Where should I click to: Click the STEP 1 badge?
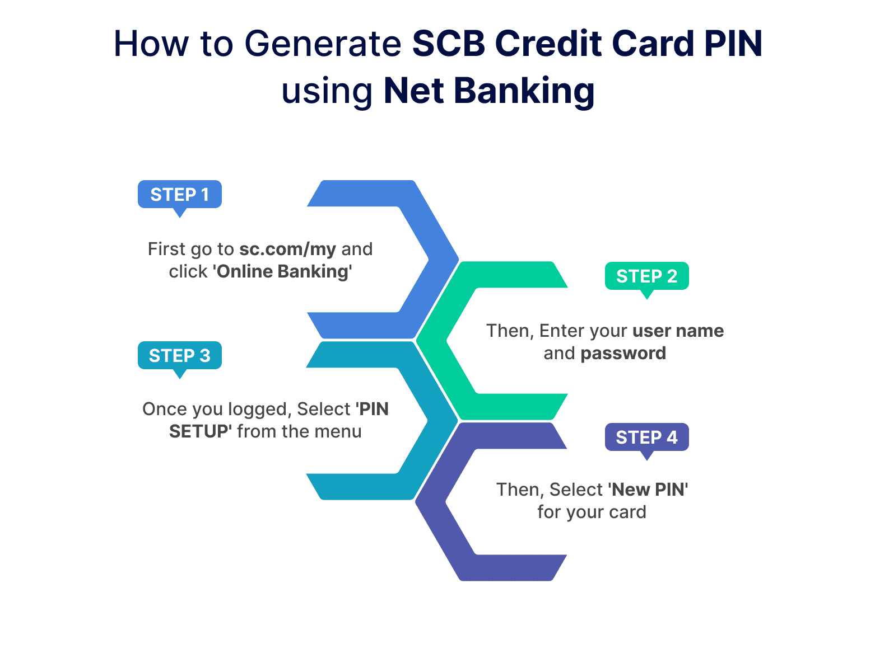pos(179,195)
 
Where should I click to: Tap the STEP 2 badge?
pos(646,276)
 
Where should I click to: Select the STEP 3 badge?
pos(179,356)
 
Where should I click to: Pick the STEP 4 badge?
pos(646,438)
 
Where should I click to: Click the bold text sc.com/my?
pos(287,249)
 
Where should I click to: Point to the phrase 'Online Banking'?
pos(282,272)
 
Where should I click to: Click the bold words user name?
pos(678,331)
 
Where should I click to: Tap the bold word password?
pos(623,354)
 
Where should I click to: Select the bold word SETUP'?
pos(201,432)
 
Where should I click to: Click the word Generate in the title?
pos(323,44)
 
